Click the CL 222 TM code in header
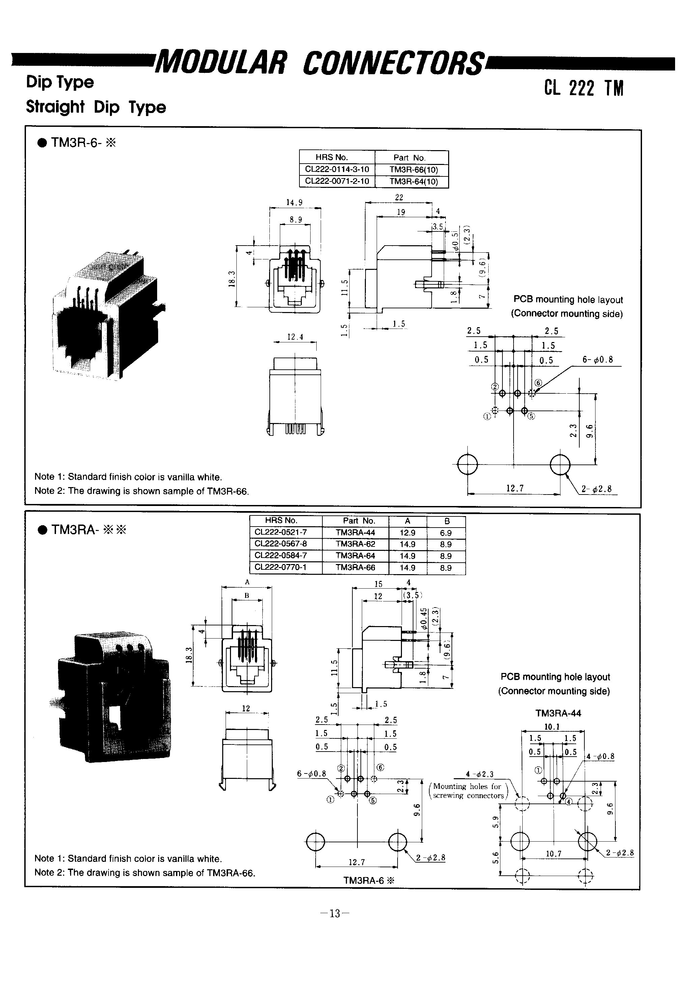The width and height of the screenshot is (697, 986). (583, 88)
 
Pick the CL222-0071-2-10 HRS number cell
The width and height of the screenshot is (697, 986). (337, 181)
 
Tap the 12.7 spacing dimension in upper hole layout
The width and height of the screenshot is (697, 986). (515, 488)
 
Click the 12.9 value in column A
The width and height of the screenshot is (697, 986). (407, 533)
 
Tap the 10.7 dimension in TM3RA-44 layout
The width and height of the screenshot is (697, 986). (553, 853)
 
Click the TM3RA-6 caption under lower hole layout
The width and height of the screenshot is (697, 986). (368, 880)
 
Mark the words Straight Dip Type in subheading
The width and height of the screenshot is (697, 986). (96, 107)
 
